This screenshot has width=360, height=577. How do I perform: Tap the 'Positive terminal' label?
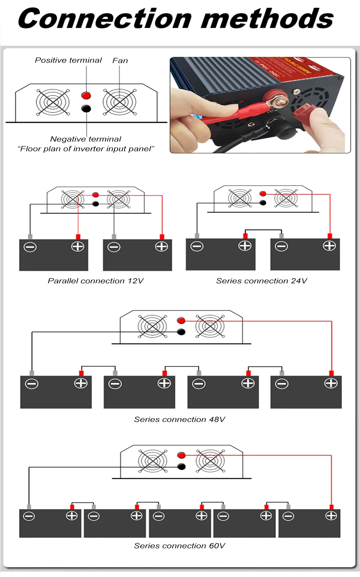68,60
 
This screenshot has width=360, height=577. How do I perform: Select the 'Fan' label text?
120,60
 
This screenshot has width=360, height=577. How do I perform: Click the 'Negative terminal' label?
86,139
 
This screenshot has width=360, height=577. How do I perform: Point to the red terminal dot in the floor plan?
86,95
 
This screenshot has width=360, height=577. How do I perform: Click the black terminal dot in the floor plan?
86,108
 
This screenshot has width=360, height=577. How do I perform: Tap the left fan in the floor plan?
53,102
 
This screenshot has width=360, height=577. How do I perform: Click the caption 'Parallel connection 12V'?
95,281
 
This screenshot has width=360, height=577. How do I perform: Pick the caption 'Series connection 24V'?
261,281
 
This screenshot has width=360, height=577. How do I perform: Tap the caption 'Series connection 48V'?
179,419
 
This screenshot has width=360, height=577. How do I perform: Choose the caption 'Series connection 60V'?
179,546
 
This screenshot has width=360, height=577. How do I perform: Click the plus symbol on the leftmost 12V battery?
78,247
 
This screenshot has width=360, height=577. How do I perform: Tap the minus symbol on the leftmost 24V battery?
197,246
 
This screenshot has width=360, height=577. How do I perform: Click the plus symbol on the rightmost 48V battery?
331,383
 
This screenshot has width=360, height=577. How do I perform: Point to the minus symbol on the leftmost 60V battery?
29,516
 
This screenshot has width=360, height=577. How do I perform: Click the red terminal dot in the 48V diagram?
181,320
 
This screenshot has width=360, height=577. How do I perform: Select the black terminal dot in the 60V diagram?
181,467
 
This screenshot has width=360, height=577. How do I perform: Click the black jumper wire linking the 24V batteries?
263,230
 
